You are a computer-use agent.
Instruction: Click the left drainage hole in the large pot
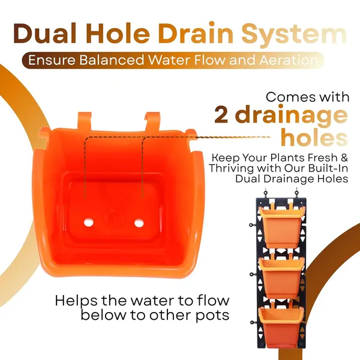89,222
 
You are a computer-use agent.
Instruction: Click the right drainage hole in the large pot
139,223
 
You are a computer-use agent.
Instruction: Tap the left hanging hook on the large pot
85,121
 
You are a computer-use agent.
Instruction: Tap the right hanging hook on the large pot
152,122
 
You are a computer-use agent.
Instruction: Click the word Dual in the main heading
45,34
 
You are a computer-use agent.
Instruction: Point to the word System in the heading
294,35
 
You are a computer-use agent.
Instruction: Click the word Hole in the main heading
118,34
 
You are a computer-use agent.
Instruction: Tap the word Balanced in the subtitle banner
112,61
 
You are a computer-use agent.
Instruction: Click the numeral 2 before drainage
221,115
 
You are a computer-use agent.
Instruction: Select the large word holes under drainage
314,137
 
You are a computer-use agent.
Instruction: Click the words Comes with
308,97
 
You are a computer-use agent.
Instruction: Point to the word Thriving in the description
232,168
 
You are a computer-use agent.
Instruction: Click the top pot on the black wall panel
281,226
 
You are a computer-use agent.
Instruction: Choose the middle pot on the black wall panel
281,277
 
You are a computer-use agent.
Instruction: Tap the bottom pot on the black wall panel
281,326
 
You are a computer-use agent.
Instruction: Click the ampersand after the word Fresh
344,158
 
